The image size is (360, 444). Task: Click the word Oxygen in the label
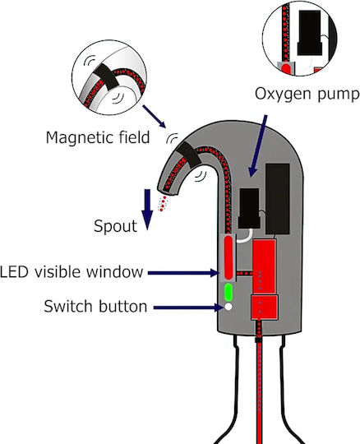284,94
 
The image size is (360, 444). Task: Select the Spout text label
115,226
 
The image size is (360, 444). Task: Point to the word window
114,271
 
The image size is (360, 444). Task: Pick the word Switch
68,306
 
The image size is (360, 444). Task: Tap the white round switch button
228,307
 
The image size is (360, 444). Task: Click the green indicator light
228,292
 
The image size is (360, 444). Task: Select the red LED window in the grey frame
228,257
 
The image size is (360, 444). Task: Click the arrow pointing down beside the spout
147,210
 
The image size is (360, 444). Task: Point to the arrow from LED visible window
183,273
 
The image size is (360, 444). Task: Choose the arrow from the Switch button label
188,308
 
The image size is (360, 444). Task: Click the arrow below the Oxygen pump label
258,146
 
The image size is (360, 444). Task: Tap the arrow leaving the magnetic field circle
155,117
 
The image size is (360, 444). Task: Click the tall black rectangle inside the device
277,199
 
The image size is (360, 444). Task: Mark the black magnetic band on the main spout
189,155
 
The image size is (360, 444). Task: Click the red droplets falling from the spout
163,204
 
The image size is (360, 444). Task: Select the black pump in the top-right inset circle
310,33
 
